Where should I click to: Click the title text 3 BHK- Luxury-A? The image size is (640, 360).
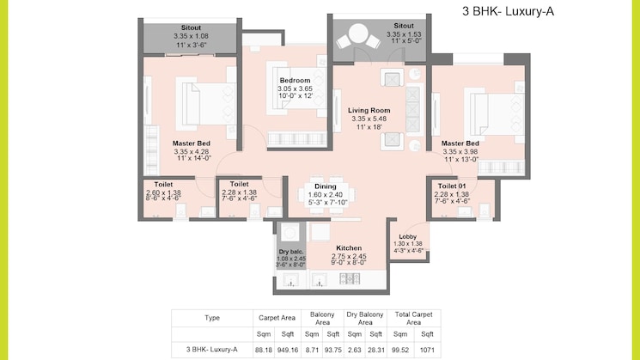[509, 11]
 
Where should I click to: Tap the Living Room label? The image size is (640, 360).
[369, 110]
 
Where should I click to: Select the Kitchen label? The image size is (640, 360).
[349, 247]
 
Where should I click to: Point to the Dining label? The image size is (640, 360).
[326, 186]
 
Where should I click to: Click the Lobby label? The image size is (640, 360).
[408, 237]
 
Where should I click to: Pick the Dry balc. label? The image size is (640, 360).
[291, 252]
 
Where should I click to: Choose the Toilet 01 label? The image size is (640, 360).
[452, 186]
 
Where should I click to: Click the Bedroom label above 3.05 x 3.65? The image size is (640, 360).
[295, 81]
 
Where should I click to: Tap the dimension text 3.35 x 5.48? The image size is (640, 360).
[369, 119]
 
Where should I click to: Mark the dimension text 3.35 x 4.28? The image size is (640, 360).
[192, 151]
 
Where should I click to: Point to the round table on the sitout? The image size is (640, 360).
[358, 34]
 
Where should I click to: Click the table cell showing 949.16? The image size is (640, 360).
[288, 350]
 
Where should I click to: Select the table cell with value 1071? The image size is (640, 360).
[427, 350]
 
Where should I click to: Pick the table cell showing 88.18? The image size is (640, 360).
[264, 350]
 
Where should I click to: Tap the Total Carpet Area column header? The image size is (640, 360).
[413, 319]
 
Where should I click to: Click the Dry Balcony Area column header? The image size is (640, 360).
[365, 319]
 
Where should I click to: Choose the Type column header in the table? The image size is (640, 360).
[212, 318]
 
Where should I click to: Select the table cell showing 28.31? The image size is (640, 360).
[375, 350]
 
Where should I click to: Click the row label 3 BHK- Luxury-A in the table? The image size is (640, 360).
[212, 350]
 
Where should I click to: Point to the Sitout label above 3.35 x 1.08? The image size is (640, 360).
[191, 27]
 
